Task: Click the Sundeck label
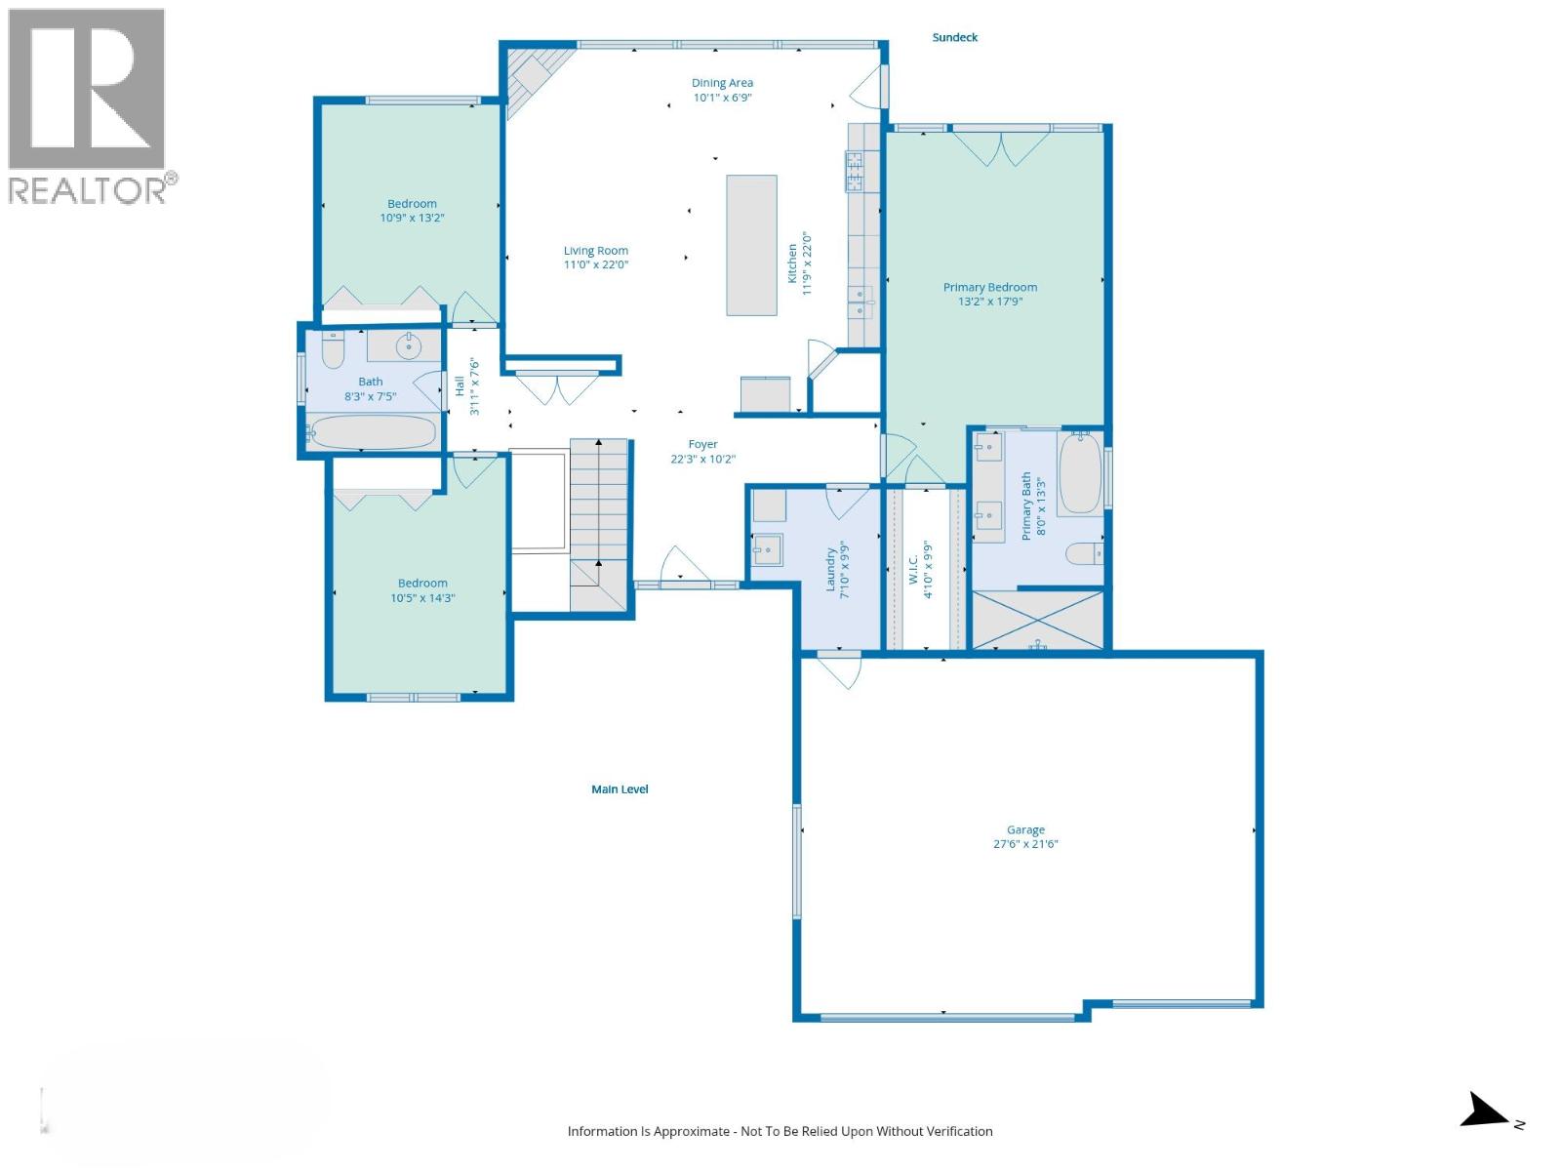(954, 37)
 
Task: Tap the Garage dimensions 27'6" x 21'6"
(1025, 844)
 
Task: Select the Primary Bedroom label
(989, 287)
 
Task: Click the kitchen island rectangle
(751, 245)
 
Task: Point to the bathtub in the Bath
(372, 432)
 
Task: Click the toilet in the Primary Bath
(1082, 554)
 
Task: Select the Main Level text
(620, 789)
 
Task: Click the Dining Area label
(722, 83)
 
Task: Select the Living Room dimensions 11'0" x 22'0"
(595, 264)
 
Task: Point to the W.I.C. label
(914, 570)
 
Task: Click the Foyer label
(702, 444)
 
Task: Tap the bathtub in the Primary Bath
(1080, 473)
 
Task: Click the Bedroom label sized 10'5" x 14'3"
(422, 584)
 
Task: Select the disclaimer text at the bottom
(780, 1131)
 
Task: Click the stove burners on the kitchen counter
(856, 172)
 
